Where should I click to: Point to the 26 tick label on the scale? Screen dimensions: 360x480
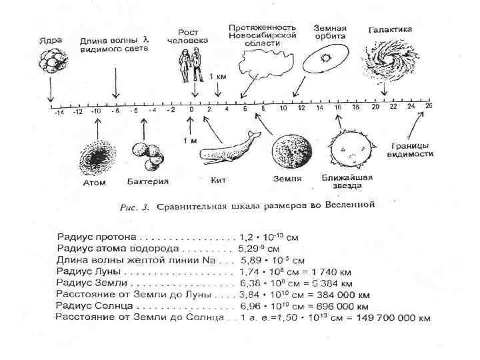428,106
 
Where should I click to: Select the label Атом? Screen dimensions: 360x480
94,182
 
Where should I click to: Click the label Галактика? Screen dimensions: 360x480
390,29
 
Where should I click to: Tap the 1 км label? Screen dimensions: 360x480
218,76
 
